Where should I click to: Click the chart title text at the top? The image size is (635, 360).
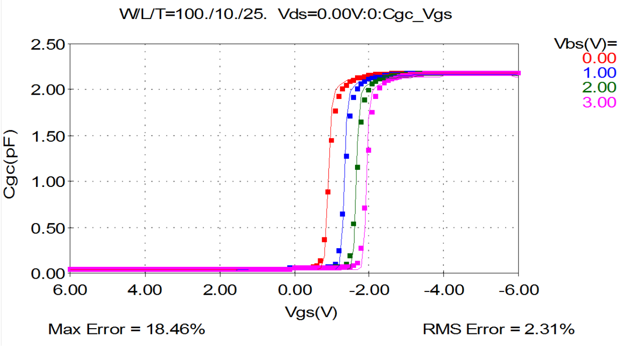click(286, 14)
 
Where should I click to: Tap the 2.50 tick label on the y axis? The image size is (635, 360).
click(48, 45)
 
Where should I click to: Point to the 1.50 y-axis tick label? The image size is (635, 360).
click(48, 136)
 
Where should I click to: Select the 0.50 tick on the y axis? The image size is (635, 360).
click(48, 228)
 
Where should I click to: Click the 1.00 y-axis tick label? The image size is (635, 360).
click(48, 182)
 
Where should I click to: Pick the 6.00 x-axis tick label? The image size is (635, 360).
click(70, 290)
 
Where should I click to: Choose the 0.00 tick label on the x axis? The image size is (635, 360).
click(294, 290)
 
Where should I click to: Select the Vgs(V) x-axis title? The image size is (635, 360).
click(311, 312)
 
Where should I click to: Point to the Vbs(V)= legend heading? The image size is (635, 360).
click(586, 44)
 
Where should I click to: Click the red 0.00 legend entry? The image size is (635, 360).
click(600, 58)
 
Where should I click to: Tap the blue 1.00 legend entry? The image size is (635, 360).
click(600, 73)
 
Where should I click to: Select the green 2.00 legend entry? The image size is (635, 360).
click(600, 88)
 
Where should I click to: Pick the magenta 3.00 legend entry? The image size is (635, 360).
click(600, 102)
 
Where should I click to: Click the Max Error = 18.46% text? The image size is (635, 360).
click(126, 329)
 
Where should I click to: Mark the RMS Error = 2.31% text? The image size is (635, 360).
click(499, 329)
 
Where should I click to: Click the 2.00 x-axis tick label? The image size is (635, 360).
click(220, 290)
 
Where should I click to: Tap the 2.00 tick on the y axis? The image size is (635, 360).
click(48, 90)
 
